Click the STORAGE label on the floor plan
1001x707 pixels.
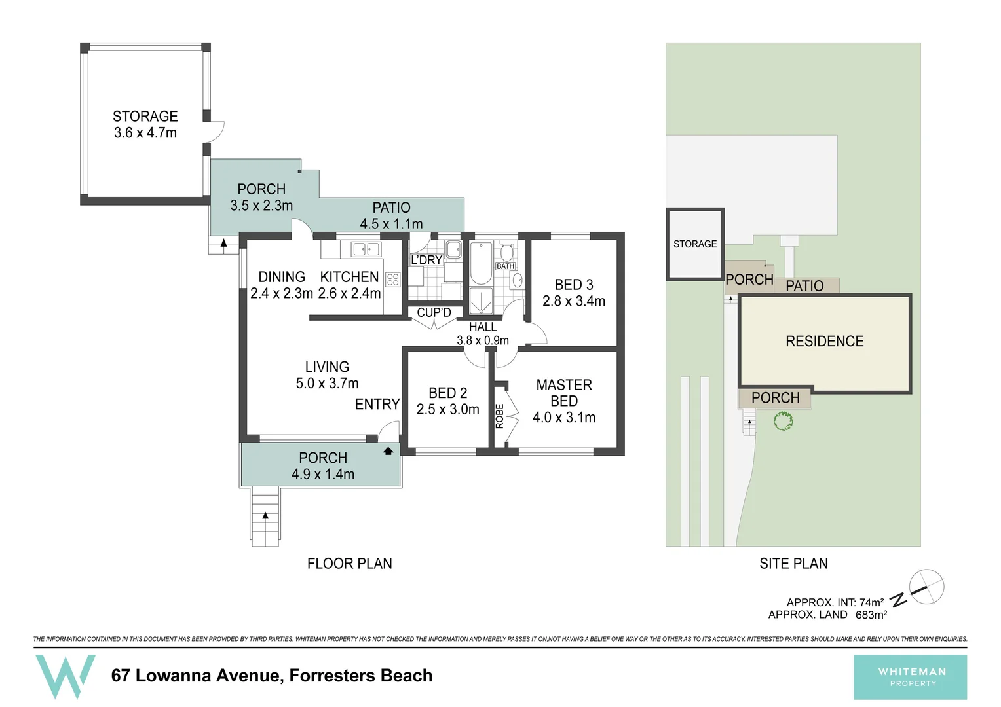click(x=145, y=117)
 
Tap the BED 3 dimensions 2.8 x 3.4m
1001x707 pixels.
click(x=574, y=301)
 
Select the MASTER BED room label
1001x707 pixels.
click(x=564, y=393)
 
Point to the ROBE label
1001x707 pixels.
click(x=500, y=416)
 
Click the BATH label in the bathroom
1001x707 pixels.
click(x=505, y=266)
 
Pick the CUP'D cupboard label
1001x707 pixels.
click(x=434, y=313)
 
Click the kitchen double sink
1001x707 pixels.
click(x=366, y=249)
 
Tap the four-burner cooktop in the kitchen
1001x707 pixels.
click(x=393, y=280)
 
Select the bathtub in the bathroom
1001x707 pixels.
click(x=481, y=263)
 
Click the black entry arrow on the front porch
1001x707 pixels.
click(x=388, y=450)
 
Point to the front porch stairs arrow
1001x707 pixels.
click(x=265, y=516)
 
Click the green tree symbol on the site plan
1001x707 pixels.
click(x=784, y=421)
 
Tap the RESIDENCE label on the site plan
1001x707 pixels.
click(x=824, y=341)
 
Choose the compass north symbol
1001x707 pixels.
click(x=926, y=587)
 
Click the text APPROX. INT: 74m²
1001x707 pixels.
click(x=835, y=602)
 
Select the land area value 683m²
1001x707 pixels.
click(x=871, y=615)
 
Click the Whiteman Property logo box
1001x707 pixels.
click(x=910, y=677)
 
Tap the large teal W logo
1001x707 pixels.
click(x=65, y=676)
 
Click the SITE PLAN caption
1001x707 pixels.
click(x=793, y=564)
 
